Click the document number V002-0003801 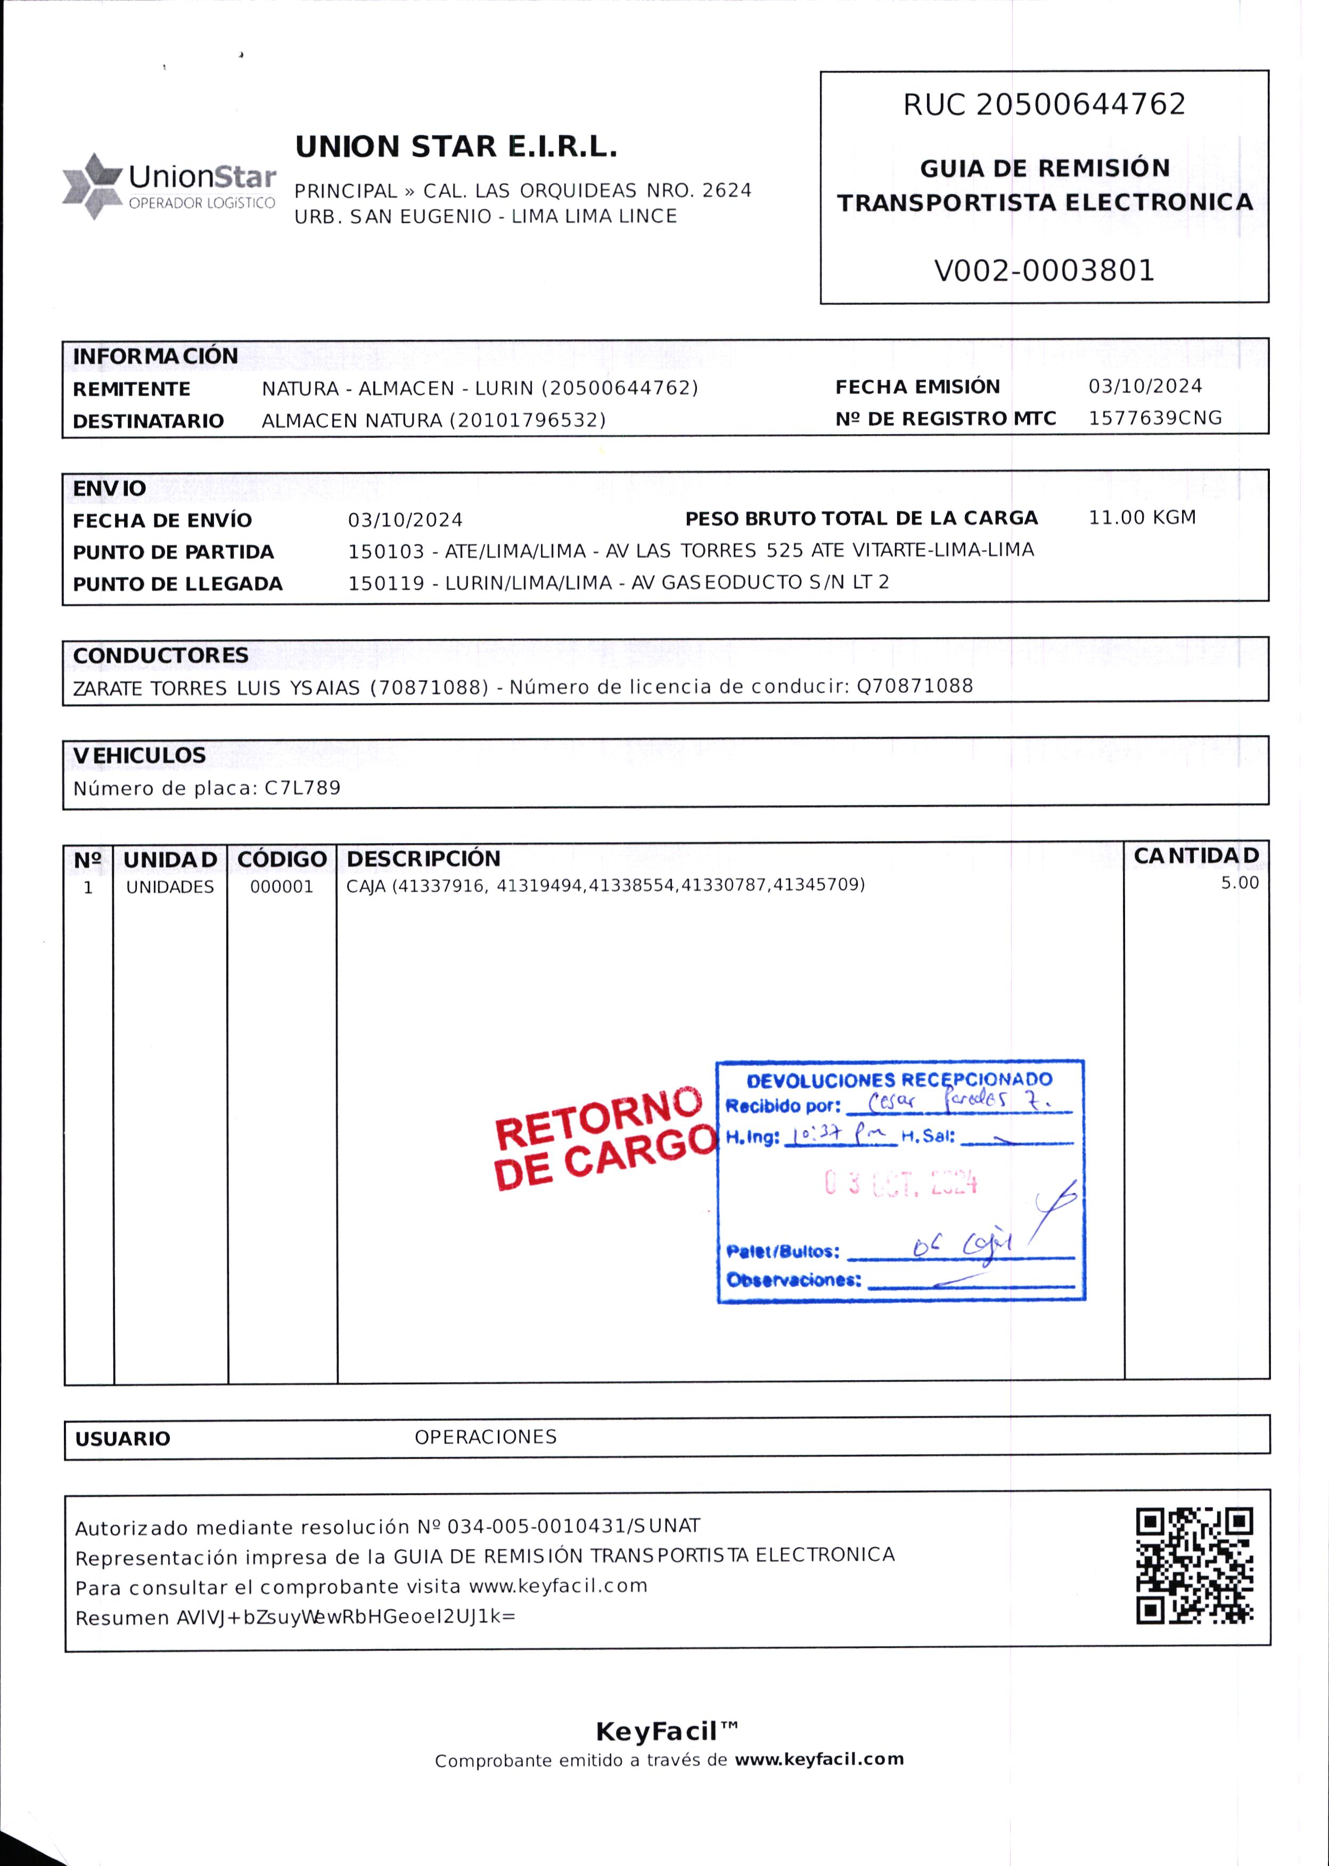click(x=1044, y=270)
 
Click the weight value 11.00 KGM click(x=1142, y=517)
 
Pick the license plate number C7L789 click(x=302, y=788)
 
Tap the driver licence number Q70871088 click(x=914, y=686)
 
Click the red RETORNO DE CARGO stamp click(x=604, y=1138)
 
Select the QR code click(x=1194, y=1566)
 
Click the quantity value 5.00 click(x=1239, y=883)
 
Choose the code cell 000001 click(x=282, y=887)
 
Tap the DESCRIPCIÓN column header click(x=423, y=859)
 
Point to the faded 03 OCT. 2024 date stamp click(x=900, y=1183)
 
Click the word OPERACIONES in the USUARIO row click(x=485, y=1437)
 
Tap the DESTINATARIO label click(x=148, y=421)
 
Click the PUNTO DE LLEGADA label click(x=178, y=584)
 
